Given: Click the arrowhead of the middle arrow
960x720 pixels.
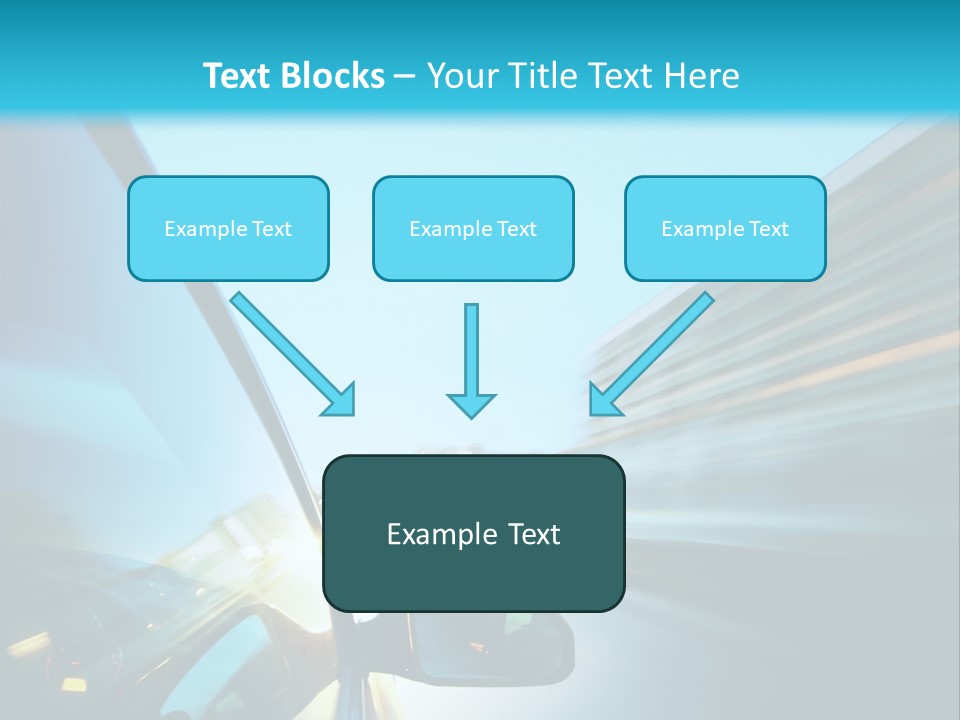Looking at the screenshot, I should tap(471, 405).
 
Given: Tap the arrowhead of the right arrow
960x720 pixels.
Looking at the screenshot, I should tap(603, 400).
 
